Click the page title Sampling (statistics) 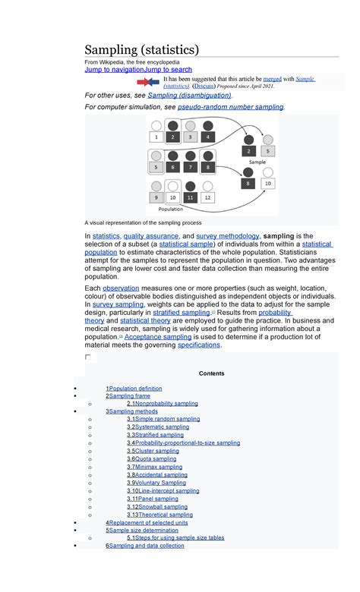click(x=142, y=50)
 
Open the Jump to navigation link click(x=114, y=69)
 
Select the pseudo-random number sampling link click(x=230, y=108)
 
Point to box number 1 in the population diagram click(x=156, y=137)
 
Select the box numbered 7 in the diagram click(x=190, y=167)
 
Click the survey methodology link click(x=228, y=236)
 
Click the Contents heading click(x=211, y=373)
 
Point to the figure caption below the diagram click(x=143, y=223)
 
